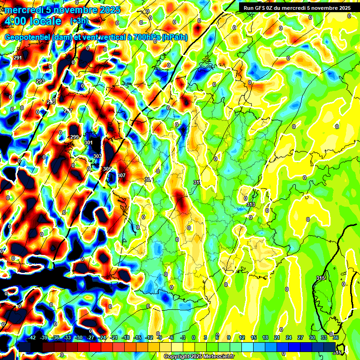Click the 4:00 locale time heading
[33, 21]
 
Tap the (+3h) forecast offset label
[78, 21]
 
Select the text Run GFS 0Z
[261, 7]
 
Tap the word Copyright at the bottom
[177, 357]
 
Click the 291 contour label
[18, 58]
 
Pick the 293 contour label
[40, 81]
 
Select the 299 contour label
[75, 137]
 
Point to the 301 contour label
[89, 142]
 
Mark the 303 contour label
[97, 156]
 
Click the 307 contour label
[122, 175]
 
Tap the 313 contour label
[251, 204]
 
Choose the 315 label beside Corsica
[321, 278]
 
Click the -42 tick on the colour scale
[32, 337]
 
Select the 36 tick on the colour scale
[336, 337]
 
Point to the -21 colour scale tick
[114, 337]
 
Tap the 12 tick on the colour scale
[242, 337]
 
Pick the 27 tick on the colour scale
[300, 337]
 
